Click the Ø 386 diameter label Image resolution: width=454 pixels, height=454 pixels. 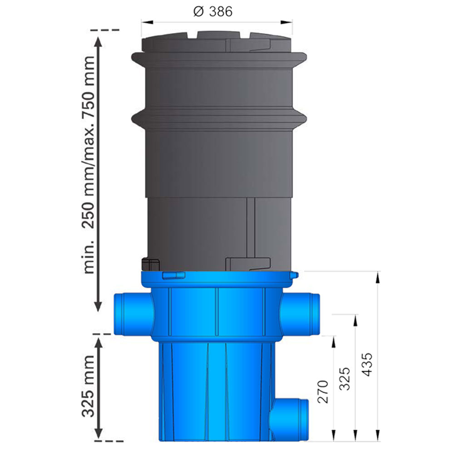(213, 12)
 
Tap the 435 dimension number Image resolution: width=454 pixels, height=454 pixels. (367, 364)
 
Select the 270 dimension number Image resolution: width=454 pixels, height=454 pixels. (323, 392)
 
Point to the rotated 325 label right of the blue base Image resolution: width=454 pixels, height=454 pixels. (345, 379)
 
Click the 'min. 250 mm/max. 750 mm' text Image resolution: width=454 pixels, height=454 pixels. (89, 165)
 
